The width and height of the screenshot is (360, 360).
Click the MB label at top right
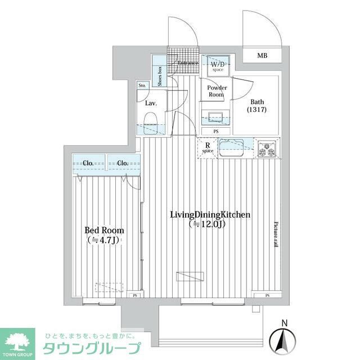tap(262, 56)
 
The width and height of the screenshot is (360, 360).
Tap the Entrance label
tap(188, 63)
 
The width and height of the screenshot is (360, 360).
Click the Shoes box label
tap(160, 76)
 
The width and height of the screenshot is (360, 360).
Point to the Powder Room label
tap(217, 91)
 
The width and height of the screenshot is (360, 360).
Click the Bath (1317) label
tap(257, 106)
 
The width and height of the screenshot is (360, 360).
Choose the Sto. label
tap(142, 85)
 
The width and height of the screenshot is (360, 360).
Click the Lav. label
tap(150, 103)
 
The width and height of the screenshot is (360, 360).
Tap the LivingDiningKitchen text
tap(210, 215)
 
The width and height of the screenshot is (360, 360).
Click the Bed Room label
tap(104, 231)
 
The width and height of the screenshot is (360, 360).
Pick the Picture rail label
tap(276, 233)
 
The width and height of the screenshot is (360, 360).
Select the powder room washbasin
tap(216, 118)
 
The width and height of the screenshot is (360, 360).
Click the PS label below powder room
tap(217, 132)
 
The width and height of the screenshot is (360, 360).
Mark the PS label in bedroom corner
tap(135, 295)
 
